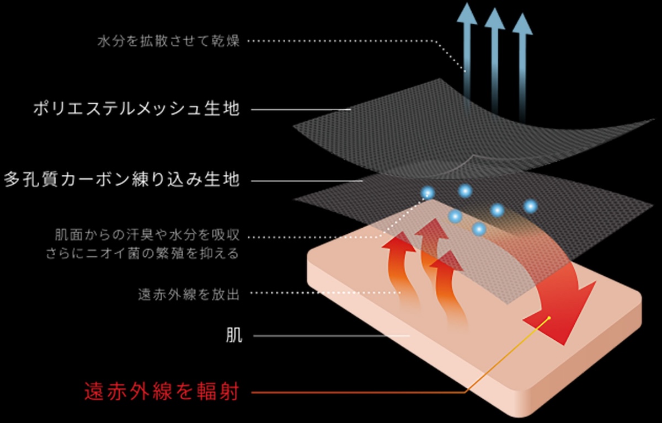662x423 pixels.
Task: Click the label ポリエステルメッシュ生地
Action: point(136,109)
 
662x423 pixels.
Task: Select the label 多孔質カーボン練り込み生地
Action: point(122,180)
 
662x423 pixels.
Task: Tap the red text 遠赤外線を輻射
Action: point(161,392)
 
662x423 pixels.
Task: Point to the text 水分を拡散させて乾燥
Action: point(168,41)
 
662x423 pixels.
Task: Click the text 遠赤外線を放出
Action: point(188,294)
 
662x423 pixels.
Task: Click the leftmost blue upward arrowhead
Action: point(467,13)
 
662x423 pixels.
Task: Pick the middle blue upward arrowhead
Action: point(495,19)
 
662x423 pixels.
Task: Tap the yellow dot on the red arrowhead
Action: point(550,318)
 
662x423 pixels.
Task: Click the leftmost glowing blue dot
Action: point(428,192)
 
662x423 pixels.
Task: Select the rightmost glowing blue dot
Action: point(531,206)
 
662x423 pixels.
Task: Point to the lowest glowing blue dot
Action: point(479,228)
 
